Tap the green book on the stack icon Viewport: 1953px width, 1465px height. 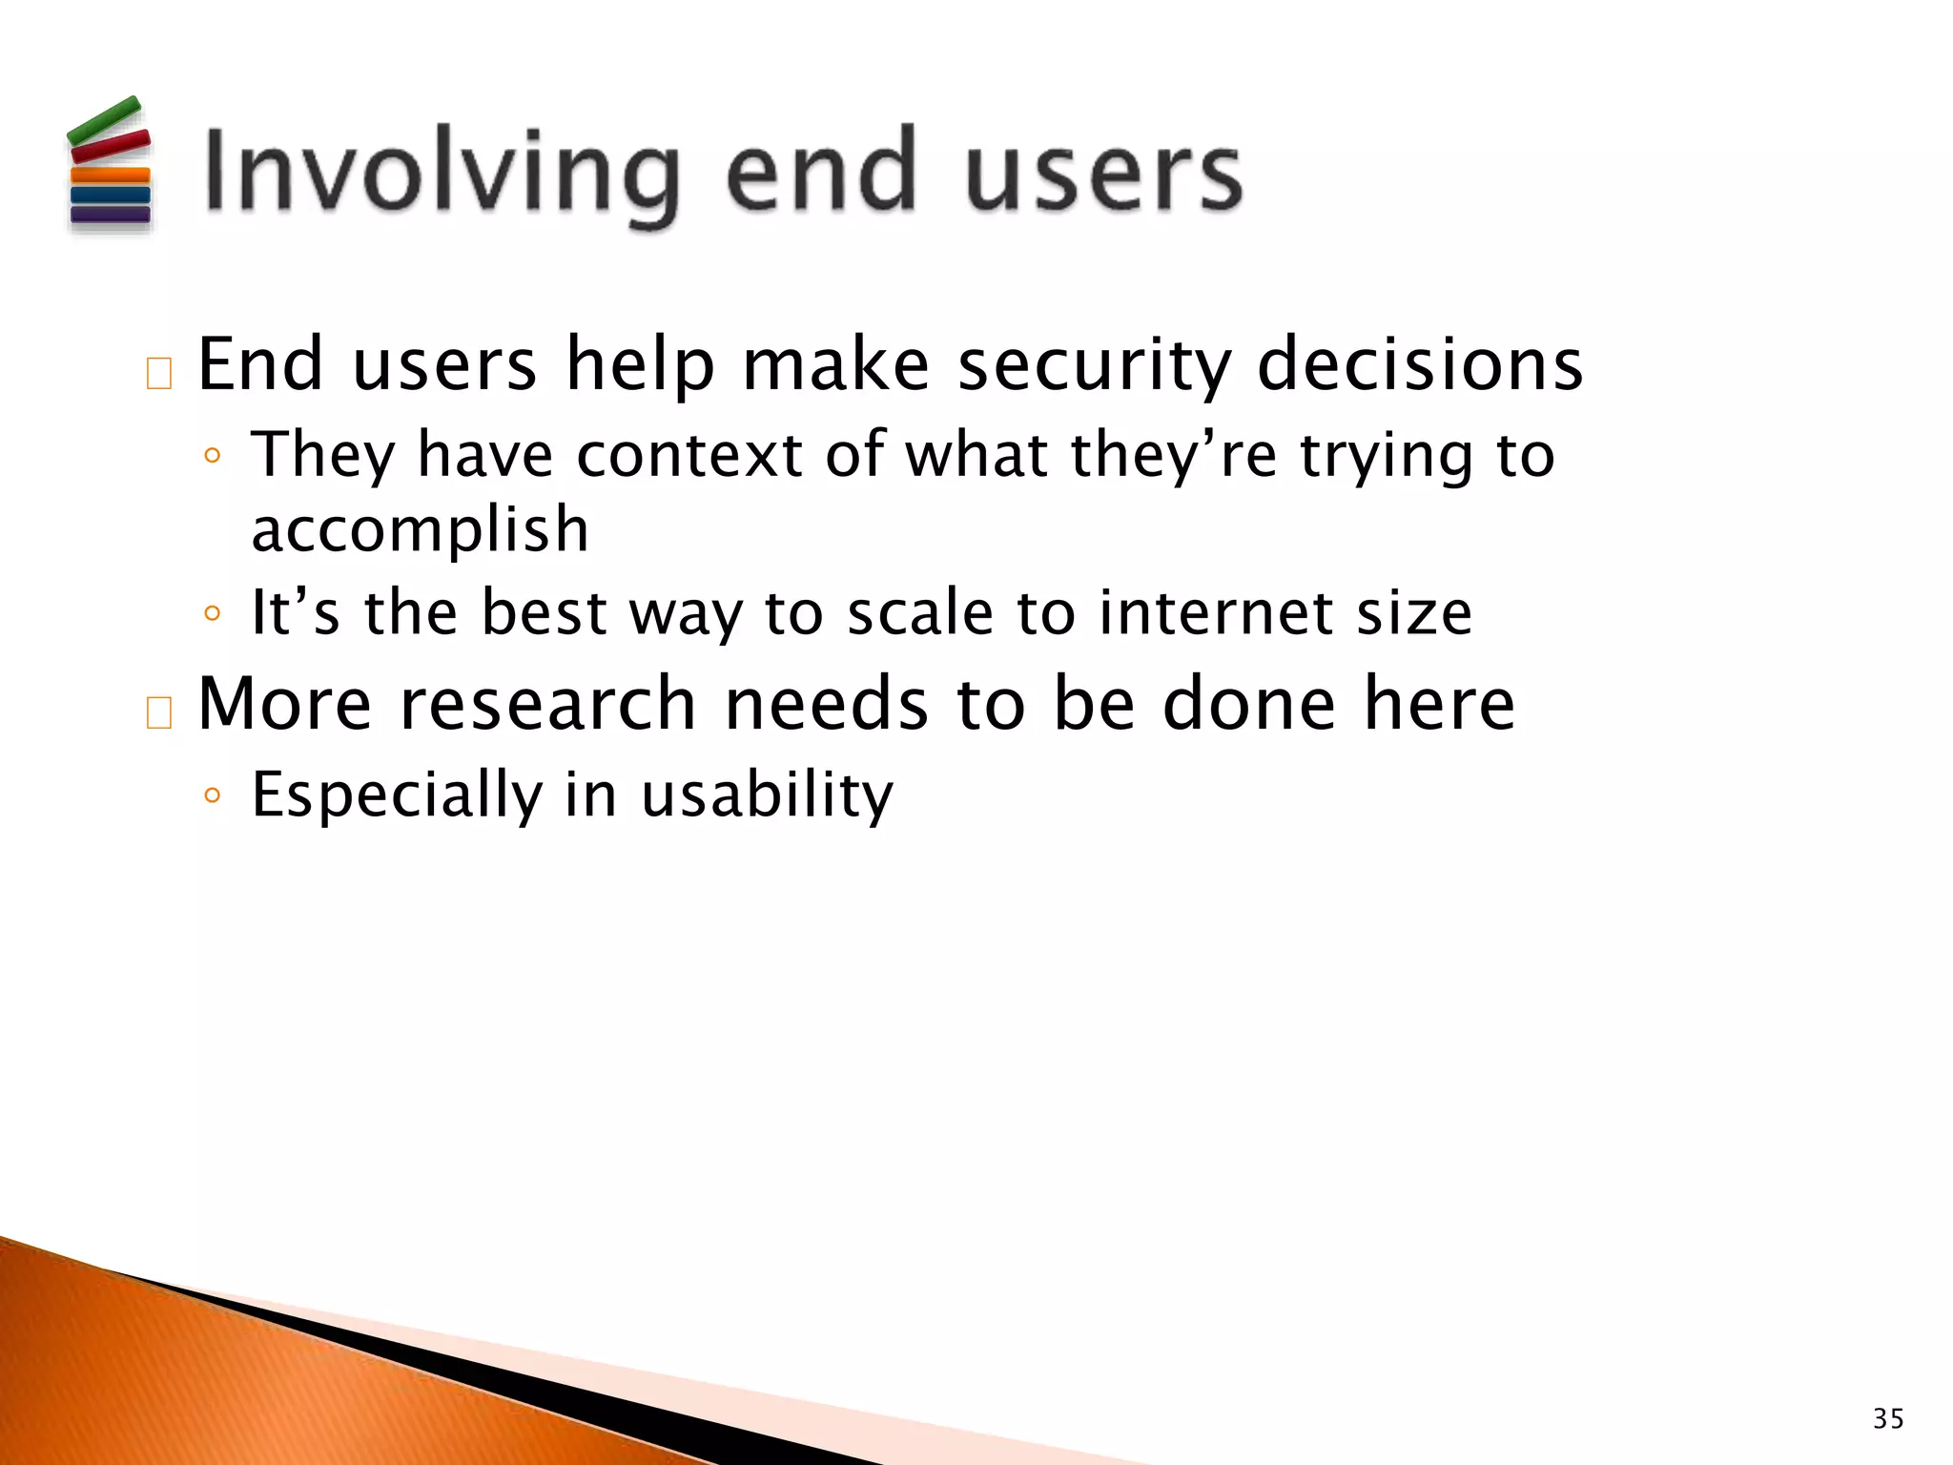pos(104,121)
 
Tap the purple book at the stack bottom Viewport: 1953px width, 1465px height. pos(111,214)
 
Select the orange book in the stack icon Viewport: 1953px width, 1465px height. pos(111,175)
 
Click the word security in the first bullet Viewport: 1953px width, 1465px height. pos(1093,365)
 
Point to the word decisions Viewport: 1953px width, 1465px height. pos(1420,365)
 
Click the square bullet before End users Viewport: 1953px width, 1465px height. pos(159,373)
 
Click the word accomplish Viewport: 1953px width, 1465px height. pos(420,530)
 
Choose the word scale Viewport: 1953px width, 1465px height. pos(920,612)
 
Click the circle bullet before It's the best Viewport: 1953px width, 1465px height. pos(213,612)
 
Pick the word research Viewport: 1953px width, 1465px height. pos(547,704)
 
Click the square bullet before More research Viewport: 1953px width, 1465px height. pos(159,712)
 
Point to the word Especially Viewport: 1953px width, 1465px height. pos(396,794)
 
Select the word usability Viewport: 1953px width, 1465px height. pos(767,794)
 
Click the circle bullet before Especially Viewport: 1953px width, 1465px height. pos(213,794)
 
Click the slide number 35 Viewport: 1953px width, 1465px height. pos(1887,1419)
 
